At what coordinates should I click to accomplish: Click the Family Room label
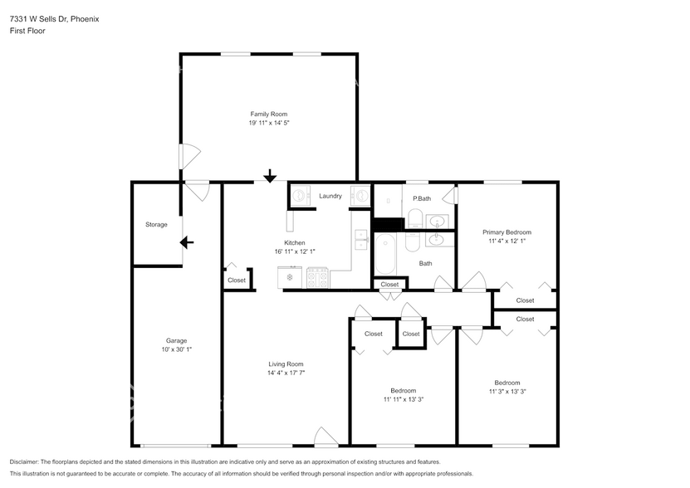point(269,114)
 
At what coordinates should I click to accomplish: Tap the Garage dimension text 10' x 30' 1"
point(176,350)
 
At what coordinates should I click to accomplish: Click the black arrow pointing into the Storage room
point(187,242)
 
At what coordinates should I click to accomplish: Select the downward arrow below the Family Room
point(270,176)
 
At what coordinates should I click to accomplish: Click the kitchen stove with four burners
point(317,277)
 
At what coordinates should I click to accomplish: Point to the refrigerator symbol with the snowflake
point(290,277)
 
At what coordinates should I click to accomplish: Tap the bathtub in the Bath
point(385,255)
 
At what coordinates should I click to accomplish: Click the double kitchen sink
point(360,238)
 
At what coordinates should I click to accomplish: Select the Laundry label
point(330,196)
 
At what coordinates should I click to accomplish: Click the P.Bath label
point(422,198)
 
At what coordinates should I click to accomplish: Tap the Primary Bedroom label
point(506,232)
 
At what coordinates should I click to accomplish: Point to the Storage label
point(156,225)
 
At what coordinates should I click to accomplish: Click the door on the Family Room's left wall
point(188,155)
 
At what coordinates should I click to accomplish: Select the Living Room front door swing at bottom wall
point(325,437)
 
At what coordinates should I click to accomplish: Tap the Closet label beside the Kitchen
point(237,281)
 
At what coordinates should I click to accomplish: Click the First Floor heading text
point(27,31)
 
